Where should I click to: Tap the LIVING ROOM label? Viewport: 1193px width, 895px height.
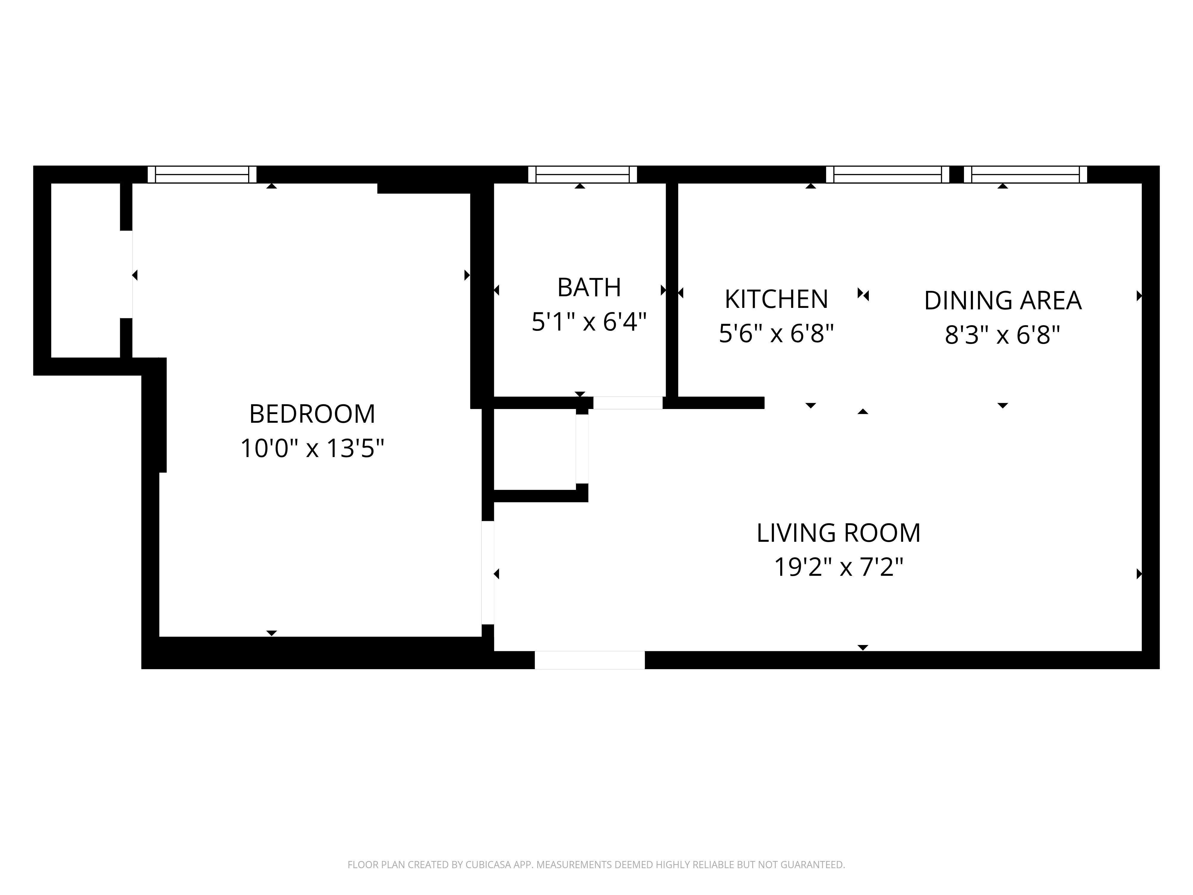click(838, 533)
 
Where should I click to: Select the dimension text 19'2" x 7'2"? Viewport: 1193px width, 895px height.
click(838, 567)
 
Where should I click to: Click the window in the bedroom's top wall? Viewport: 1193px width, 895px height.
click(202, 175)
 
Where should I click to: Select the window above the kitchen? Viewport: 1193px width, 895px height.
click(887, 175)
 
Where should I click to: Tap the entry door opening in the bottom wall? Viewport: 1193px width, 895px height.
click(589, 660)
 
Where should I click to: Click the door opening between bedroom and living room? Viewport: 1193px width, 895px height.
click(488, 573)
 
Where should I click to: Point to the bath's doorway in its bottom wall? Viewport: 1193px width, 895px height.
click(628, 402)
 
